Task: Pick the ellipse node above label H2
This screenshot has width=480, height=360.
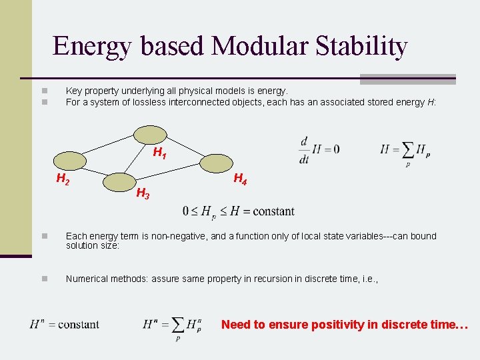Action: pos(69,161)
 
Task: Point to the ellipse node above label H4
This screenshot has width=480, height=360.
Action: pos(217,163)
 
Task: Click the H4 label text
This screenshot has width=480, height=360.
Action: pos(240,179)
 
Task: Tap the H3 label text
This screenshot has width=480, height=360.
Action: pos(143,194)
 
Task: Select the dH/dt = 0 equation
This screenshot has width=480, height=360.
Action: pos(319,149)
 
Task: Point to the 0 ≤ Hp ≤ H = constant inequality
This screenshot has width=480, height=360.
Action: pos(238,212)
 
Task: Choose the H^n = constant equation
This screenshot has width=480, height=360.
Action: pos(64,325)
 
